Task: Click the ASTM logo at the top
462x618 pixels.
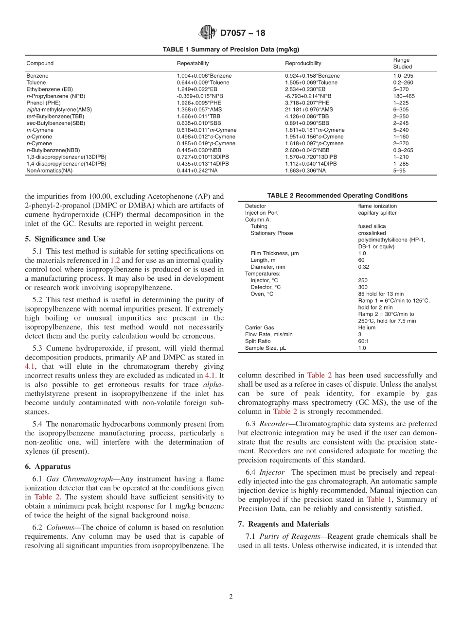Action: (x=208, y=33)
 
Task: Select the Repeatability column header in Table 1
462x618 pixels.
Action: (x=193, y=63)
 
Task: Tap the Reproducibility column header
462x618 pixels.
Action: (x=303, y=63)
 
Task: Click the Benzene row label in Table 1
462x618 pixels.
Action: (x=37, y=76)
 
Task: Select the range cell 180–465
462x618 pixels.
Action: (x=404, y=96)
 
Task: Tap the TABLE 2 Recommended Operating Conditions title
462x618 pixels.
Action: (x=337, y=196)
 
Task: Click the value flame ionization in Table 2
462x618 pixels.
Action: (x=377, y=206)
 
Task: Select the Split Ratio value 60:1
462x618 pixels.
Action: (x=363, y=342)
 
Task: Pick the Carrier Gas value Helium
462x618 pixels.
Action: (x=366, y=328)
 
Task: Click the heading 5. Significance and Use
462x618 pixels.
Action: (x=65, y=239)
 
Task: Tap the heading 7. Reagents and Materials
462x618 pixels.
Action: (x=284, y=524)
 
